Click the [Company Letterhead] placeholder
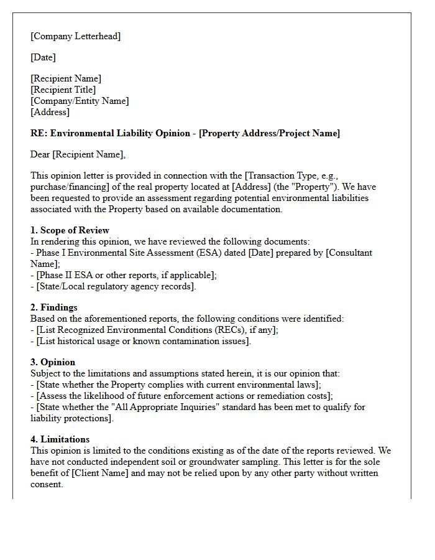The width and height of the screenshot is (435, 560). pos(75,36)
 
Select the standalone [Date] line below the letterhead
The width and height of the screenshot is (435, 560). pos(43,57)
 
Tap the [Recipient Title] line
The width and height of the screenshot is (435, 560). pos(63,90)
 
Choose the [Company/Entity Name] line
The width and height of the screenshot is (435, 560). pos(80,101)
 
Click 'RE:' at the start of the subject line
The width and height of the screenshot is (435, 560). pos(38,133)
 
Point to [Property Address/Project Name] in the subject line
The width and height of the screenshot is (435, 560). pos(269,133)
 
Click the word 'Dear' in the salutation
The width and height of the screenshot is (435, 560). pos(40,154)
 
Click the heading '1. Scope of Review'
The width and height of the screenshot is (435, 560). pos(70,230)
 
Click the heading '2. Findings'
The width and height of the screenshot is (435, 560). pos(54,307)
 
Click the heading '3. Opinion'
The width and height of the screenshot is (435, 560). pos(53,362)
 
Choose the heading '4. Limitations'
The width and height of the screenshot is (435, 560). pos(60,439)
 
